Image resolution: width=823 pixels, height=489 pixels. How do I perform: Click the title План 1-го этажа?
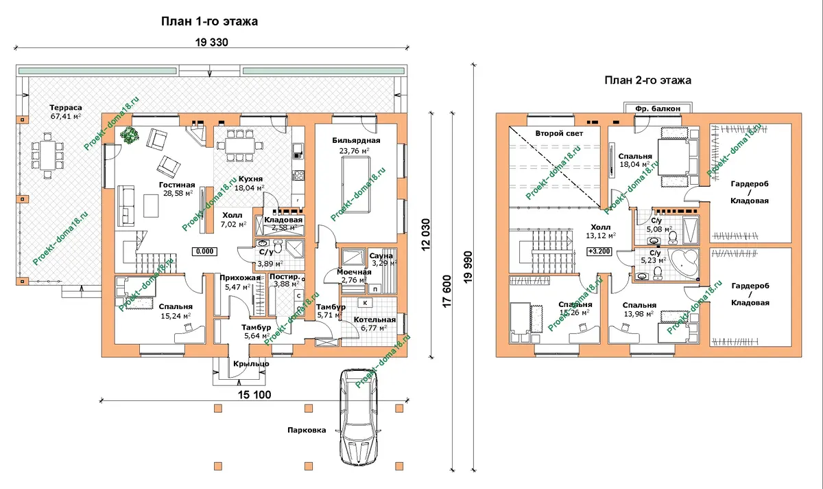(x=209, y=21)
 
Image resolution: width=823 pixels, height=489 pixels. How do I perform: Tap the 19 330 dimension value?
(x=212, y=43)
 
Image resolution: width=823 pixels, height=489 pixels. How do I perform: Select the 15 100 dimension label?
(x=254, y=395)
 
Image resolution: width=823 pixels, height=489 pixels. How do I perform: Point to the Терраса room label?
(x=66, y=108)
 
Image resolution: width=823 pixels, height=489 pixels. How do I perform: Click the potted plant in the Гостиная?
(x=130, y=135)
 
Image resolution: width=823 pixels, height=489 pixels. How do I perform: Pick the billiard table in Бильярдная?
(x=356, y=184)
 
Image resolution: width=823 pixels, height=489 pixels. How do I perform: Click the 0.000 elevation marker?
(x=204, y=251)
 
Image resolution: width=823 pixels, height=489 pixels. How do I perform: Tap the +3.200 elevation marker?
(x=599, y=251)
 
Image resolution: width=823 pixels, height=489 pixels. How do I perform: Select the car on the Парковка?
(x=359, y=418)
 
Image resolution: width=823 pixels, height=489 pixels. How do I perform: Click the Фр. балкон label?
(x=658, y=109)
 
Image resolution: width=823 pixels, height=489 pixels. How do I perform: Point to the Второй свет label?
(x=559, y=133)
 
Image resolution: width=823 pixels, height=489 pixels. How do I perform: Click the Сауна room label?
(x=381, y=255)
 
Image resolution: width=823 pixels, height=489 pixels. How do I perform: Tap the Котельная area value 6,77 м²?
(x=374, y=328)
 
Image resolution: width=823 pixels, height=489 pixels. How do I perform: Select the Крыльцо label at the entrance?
(x=251, y=364)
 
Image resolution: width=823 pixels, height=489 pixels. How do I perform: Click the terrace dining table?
(x=47, y=155)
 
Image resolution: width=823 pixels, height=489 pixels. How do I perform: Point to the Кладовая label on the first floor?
(x=283, y=220)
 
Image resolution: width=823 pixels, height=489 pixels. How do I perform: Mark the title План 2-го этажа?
(x=647, y=80)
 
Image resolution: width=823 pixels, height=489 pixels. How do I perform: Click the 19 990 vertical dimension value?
(x=468, y=267)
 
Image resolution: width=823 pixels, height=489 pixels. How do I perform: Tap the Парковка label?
(x=307, y=430)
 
